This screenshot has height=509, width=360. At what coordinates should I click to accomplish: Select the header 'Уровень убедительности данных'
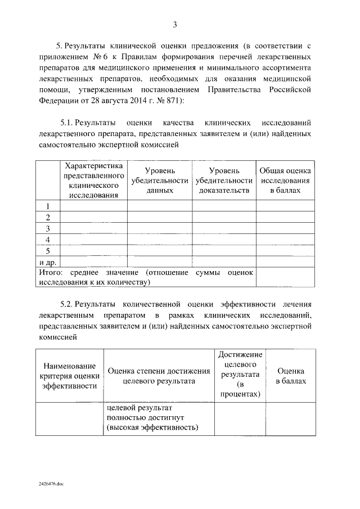(x=159, y=180)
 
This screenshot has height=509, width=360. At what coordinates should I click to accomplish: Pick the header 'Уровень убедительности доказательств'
(x=224, y=180)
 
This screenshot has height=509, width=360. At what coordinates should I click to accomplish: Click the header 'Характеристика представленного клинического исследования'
(x=93, y=180)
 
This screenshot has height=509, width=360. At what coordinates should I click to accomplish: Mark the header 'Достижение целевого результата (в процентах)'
(x=240, y=374)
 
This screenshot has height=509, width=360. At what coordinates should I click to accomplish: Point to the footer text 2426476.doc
(x=52, y=483)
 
